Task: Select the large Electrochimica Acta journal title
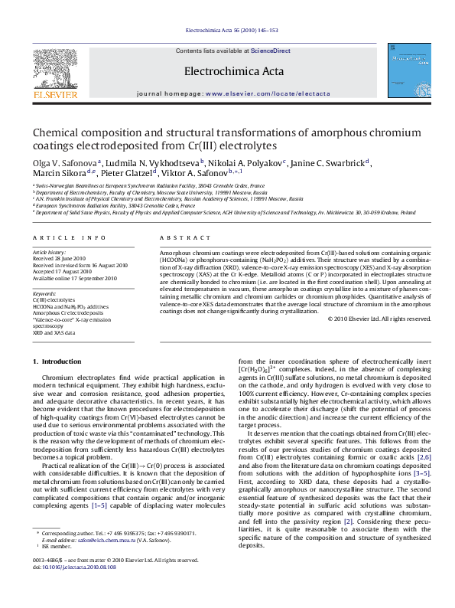[x=227, y=72]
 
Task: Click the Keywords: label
[x=45, y=293]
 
